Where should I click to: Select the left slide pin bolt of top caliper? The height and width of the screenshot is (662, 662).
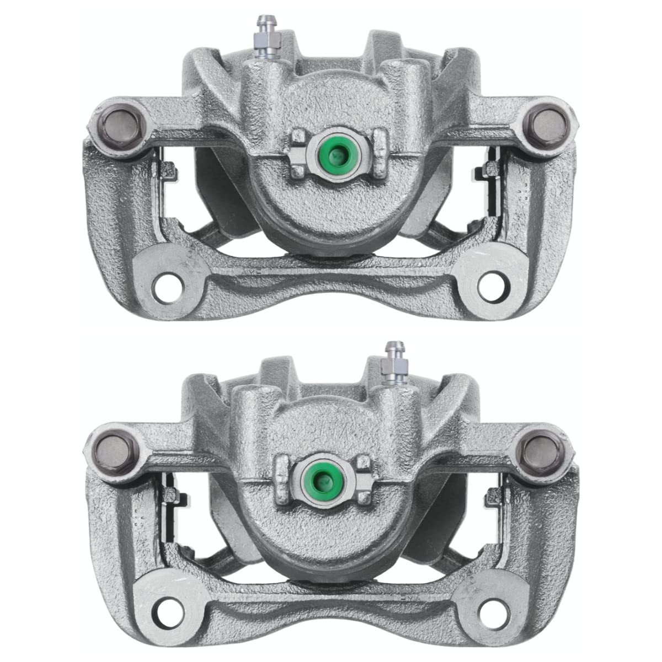click(x=116, y=121)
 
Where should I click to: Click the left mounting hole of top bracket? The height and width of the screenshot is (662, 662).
click(x=165, y=285)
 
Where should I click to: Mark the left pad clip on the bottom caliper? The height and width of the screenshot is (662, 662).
click(x=167, y=494)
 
